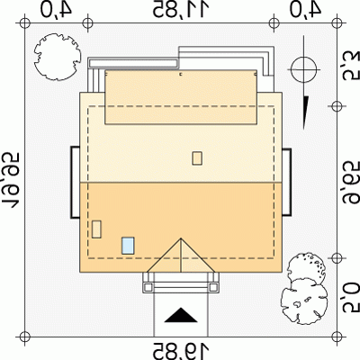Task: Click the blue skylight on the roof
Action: coord(128,246)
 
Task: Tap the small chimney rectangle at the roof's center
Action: coord(197,158)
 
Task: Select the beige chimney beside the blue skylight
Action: coord(96,229)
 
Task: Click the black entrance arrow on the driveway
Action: coord(181,315)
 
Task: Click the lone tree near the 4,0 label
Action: coord(58,57)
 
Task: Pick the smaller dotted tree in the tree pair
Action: coord(306,269)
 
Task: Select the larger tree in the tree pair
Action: coord(304,301)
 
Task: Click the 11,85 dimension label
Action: coord(181,9)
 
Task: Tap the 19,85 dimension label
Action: coord(181,350)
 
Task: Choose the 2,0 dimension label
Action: coord(351,296)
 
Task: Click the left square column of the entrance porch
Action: coord(148,287)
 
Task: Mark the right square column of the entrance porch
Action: coord(213,287)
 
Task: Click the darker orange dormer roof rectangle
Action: coord(181,97)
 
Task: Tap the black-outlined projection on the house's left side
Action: coord(75,182)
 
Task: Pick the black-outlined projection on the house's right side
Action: coord(286,182)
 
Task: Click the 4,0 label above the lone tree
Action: coord(57,9)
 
